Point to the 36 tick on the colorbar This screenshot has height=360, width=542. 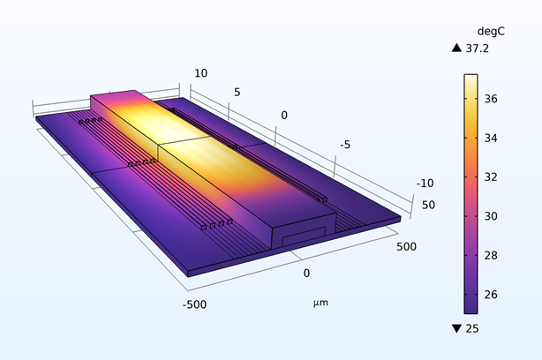point(494,100)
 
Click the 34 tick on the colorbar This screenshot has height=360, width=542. point(494,139)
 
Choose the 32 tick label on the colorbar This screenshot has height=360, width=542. point(494,177)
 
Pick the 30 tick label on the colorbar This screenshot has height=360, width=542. point(494,216)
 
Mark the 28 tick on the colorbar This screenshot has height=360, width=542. point(494,255)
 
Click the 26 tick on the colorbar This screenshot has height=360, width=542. point(494,294)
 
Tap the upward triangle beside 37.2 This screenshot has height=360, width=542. point(456,49)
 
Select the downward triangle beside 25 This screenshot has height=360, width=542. point(456,329)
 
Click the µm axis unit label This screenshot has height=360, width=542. point(320,303)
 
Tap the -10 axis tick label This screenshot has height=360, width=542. point(425,184)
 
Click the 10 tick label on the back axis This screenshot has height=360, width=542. point(200,73)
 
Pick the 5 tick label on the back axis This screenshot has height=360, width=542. point(237,92)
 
